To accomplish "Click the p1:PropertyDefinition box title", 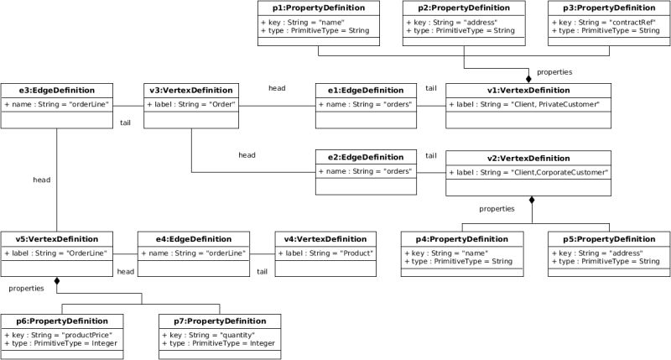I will [320, 8].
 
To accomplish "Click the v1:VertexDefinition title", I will [528, 91].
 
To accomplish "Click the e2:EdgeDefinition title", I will [366, 158].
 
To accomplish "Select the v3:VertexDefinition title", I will [191, 91].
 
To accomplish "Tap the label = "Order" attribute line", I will [191, 104].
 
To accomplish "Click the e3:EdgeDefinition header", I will [56, 91].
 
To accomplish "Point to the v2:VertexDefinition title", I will [528, 158].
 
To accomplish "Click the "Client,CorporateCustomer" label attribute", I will [528, 171].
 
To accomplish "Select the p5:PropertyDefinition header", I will [609, 239].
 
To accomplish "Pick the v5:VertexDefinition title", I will [56, 239].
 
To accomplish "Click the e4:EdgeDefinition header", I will [193, 239].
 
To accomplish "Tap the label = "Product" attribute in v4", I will [326, 253].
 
